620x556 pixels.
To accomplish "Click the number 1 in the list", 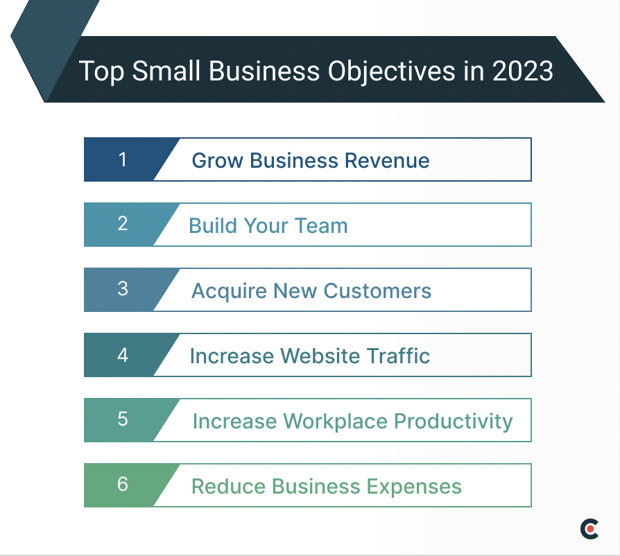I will point(123,159).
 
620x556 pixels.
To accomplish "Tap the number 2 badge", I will point(123,225).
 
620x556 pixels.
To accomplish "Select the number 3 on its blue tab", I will point(123,289).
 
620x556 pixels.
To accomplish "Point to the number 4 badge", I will point(123,355).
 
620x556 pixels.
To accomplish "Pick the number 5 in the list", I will point(123,419).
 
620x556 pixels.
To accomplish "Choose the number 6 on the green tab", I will point(123,484).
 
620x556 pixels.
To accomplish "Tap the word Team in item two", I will point(321,226).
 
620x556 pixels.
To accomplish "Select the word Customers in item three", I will point(378,291).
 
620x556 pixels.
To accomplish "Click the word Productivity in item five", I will point(453,421).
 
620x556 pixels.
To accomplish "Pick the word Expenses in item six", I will point(414,487).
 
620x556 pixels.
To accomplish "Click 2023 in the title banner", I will point(523,71).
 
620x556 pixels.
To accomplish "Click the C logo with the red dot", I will point(589,529).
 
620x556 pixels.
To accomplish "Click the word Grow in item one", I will point(218,161).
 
